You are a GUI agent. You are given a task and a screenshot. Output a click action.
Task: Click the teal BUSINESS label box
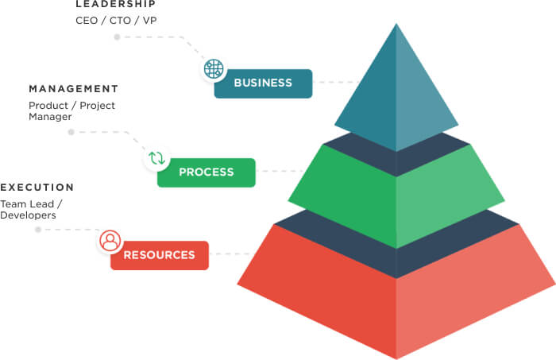263,83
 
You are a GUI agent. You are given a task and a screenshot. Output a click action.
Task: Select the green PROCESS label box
207,172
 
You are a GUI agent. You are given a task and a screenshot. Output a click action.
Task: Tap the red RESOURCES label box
159,255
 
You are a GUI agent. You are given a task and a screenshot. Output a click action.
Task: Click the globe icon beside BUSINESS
214,69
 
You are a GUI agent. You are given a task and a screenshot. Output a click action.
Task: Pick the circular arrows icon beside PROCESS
156,158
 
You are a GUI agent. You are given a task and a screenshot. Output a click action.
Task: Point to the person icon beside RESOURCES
110,241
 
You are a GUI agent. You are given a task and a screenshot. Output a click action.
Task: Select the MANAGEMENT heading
74,89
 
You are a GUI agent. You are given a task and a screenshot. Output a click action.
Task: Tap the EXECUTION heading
37,188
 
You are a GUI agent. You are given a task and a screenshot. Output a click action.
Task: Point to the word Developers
28,215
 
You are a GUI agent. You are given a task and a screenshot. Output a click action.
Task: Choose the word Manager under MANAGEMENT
50,117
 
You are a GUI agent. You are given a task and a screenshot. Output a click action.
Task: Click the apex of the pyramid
396,25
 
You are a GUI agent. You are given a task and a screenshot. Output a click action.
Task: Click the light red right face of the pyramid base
469,294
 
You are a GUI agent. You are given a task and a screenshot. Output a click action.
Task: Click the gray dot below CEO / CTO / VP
118,37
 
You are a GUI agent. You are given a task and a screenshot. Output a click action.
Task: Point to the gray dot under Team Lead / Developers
38,230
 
